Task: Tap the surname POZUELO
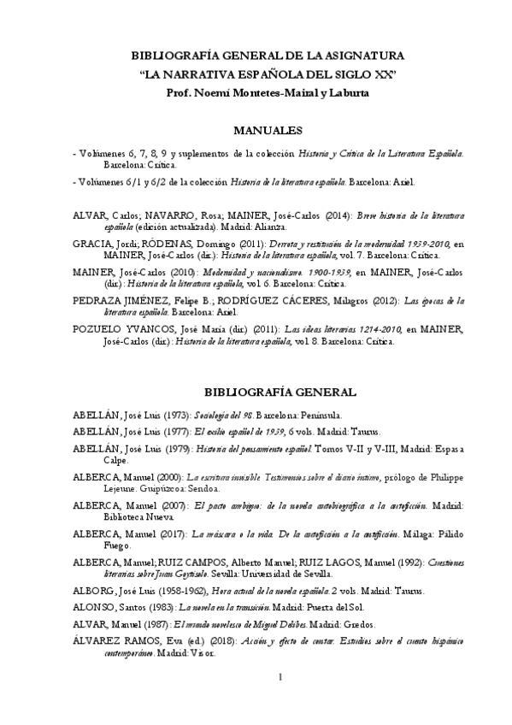tap(97, 329)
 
